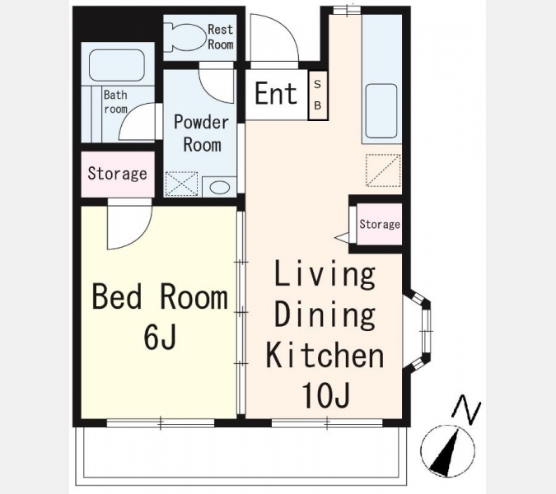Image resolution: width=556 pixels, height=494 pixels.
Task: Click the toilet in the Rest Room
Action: point(185,36)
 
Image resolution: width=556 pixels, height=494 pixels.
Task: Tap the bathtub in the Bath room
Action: point(117,65)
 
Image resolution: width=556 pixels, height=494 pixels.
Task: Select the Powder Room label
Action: point(202,133)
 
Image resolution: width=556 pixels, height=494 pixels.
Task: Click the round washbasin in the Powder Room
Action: point(220,187)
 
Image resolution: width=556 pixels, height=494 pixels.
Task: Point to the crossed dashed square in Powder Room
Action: point(181,184)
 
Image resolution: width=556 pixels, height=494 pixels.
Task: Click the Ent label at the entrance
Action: point(276,94)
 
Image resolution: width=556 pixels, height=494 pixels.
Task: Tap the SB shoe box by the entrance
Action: point(318,96)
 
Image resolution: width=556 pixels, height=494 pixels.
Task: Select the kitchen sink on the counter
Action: point(381,111)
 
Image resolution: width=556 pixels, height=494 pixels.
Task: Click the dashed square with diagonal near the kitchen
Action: point(383,170)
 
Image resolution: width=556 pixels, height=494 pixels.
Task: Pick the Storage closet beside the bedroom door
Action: point(118,174)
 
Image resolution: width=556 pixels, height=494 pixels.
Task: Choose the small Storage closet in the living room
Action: point(380,224)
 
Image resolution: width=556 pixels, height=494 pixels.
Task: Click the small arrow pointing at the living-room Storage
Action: point(342,237)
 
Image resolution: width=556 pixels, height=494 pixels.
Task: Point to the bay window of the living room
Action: point(418,332)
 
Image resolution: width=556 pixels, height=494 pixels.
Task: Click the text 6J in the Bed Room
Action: point(160,336)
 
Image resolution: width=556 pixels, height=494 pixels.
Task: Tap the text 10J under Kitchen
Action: point(325,394)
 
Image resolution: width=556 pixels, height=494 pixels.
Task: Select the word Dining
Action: point(325,314)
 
